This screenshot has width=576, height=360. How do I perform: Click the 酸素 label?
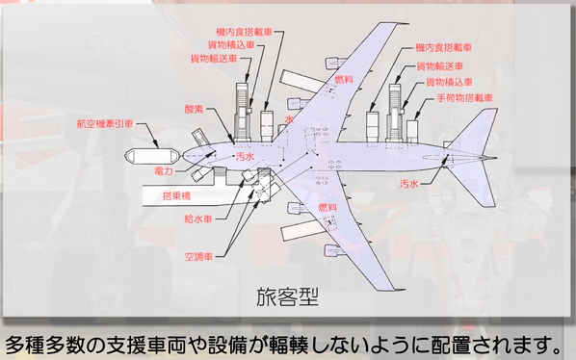pyautogui.click(x=195, y=109)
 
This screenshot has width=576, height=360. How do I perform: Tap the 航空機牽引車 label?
pyautogui.click(x=105, y=123)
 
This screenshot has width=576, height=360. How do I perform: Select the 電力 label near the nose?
pyautogui.click(x=164, y=170)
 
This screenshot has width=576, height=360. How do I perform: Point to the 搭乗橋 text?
pyautogui.click(x=176, y=196)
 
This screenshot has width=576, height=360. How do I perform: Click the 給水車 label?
pyautogui.click(x=198, y=219)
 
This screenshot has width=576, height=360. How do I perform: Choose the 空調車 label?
pyautogui.click(x=198, y=256)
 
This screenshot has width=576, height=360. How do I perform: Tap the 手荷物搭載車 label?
pyautogui.click(x=464, y=98)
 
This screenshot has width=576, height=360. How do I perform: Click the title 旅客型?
pyautogui.click(x=287, y=296)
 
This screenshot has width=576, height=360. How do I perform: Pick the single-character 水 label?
pyautogui.click(x=289, y=119)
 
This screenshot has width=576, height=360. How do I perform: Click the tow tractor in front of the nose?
pyautogui.click(x=152, y=156)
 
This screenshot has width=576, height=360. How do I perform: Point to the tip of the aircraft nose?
pyautogui.click(x=183, y=156)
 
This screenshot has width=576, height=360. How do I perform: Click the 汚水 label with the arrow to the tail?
pyautogui.click(x=408, y=184)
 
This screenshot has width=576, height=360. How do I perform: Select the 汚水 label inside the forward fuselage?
pyautogui.click(x=245, y=157)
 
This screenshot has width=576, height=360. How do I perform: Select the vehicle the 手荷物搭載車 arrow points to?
pyautogui.click(x=412, y=131)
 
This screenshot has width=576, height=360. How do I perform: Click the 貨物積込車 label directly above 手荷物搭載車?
pyautogui.click(x=449, y=82)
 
